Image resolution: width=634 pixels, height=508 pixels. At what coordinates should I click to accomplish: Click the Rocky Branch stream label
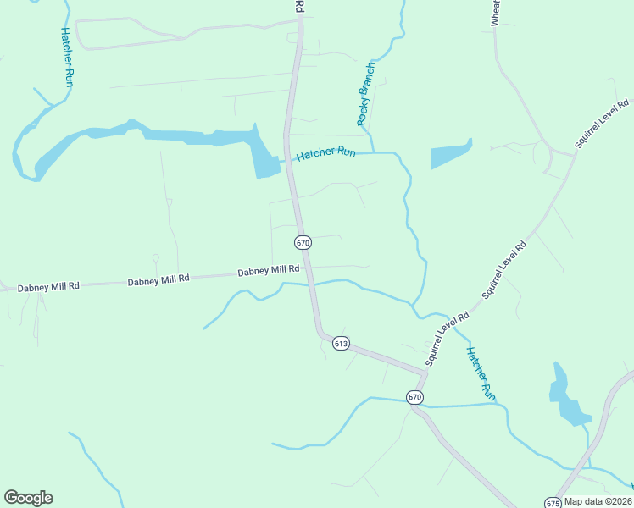click(x=366, y=94)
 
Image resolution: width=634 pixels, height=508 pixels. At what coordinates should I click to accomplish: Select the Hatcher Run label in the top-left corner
click(x=67, y=57)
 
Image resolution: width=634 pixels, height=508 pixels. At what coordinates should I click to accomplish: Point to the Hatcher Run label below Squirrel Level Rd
click(x=479, y=373)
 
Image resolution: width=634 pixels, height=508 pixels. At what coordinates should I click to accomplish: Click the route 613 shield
click(x=341, y=343)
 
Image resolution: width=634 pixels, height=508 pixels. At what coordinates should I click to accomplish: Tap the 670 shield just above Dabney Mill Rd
click(x=303, y=242)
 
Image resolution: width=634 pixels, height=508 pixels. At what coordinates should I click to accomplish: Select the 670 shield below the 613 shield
click(x=414, y=396)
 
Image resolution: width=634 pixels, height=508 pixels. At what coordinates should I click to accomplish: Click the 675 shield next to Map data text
click(x=553, y=501)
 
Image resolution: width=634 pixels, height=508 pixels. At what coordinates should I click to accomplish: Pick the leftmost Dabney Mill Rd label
click(x=48, y=287)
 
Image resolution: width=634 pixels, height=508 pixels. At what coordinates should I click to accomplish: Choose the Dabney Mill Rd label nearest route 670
click(x=269, y=271)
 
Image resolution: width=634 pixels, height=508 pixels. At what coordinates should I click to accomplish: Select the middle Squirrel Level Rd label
click(x=504, y=269)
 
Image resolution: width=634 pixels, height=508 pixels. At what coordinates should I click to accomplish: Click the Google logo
click(x=28, y=498)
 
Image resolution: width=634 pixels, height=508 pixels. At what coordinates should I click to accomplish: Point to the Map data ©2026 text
click(x=598, y=501)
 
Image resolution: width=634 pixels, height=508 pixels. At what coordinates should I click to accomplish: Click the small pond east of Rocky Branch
click(x=449, y=155)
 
